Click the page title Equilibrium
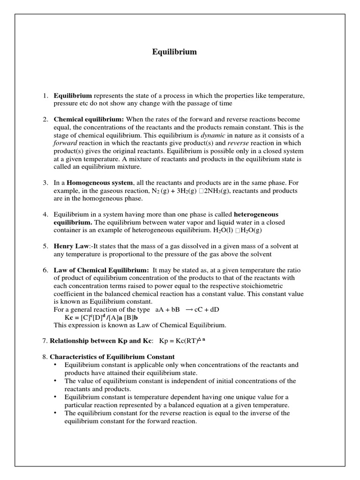pyautogui.click(x=174, y=52)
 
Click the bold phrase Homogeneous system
pyautogui.click(x=100, y=183)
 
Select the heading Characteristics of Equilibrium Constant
pyautogui.click(x=112, y=357)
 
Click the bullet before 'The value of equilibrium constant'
pyautogui.click(x=56, y=381)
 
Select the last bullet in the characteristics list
pyautogui.click(x=56, y=413)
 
